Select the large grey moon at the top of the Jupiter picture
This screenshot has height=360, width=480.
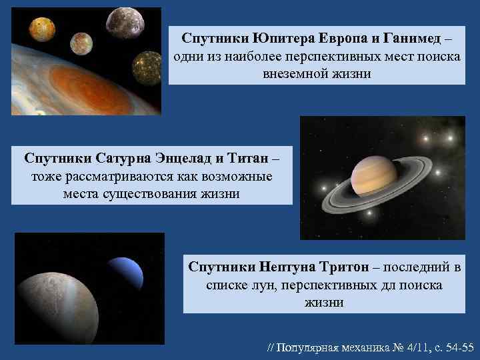[123, 22]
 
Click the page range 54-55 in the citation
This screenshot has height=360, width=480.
[457, 347]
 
